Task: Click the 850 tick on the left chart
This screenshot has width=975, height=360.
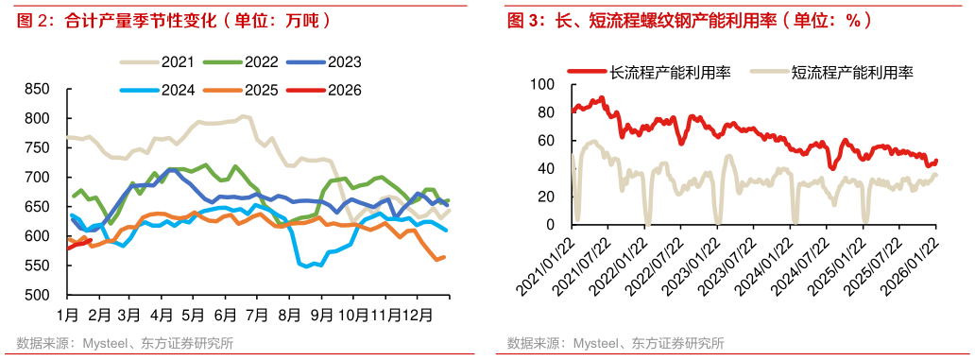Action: pyautogui.click(x=36, y=90)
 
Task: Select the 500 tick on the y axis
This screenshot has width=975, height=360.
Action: pyautogui.click(x=36, y=296)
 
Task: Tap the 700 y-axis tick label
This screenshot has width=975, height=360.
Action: pyautogui.click(x=36, y=178)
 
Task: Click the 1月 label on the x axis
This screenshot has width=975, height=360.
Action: pyautogui.click(x=67, y=313)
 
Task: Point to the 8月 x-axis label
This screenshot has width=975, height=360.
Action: pyautogui.click(x=290, y=313)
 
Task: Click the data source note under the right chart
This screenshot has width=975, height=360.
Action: pyautogui.click(x=615, y=342)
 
